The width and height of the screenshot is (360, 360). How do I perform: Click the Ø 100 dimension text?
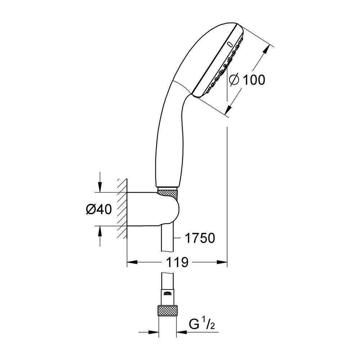click(x=247, y=80)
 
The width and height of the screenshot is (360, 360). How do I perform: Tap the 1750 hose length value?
click(x=199, y=238)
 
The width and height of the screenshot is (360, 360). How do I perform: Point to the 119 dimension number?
click(x=177, y=263)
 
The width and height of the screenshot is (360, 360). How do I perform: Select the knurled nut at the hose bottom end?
click(x=168, y=311)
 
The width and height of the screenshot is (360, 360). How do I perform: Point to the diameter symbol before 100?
click(x=234, y=80)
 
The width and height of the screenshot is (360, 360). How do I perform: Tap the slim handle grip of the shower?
click(x=167, y=144)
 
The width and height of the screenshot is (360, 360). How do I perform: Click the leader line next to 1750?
click(x=178, y=238)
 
